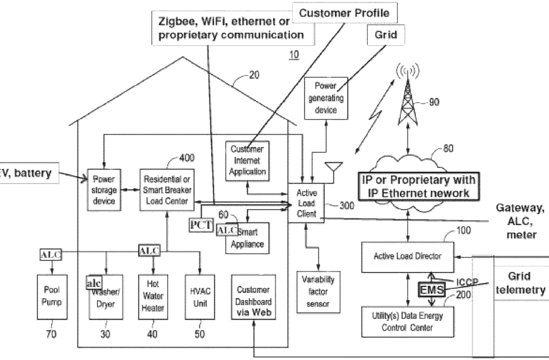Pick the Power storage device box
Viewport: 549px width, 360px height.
102,189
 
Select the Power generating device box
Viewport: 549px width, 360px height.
325,99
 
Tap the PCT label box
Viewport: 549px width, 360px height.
201,224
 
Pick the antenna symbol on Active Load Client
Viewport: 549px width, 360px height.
333,168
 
